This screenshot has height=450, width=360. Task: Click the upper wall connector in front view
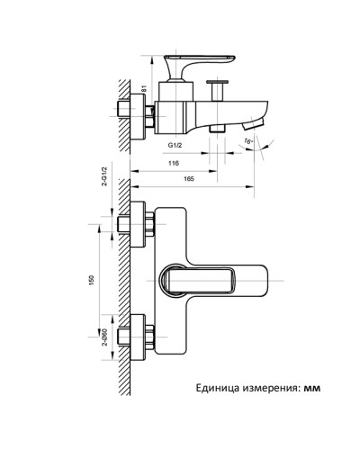pos(137,224)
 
